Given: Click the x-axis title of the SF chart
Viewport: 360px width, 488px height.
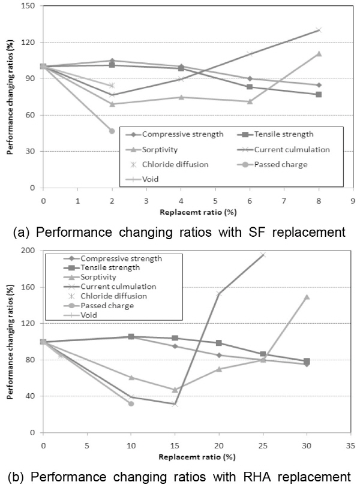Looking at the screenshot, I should pos(197,211).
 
